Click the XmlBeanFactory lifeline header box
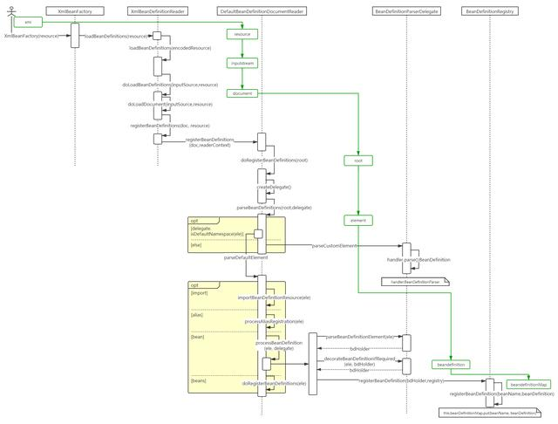coord(75,11)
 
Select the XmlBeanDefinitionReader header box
coord(158,11)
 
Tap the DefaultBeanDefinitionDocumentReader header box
coord(261,11)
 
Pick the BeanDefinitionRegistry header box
coord(489,11)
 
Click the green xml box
coord(29,22)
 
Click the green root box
coord(357,161)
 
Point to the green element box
coord(357,221)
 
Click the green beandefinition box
coord(451,364)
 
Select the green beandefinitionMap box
coord(529,384)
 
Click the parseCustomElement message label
coord(335,246)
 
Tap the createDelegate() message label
coord(274,187)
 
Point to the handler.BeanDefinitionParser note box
coord(415,282)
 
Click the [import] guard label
coord(200,293)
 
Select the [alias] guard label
coord(197,314)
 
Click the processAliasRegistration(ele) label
coord(274,321)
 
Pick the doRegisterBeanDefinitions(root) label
coord(274,161)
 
